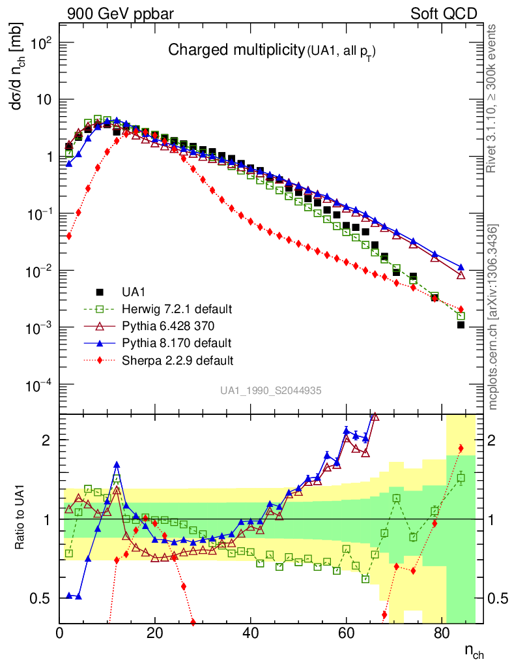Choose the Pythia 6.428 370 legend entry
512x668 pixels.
(x=172, y=326)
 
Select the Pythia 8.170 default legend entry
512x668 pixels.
(x=175, y=342)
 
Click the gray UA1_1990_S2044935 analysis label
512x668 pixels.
(x=270, y=391)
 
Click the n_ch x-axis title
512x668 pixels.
(x=474, y=651)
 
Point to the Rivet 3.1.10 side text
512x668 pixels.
(x=493, y=98)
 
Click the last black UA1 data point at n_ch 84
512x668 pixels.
(x=461, y=324)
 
